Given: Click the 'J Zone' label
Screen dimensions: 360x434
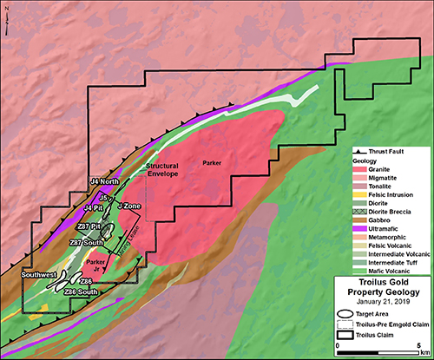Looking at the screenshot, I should pyautogui.click(x=128, y=206).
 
